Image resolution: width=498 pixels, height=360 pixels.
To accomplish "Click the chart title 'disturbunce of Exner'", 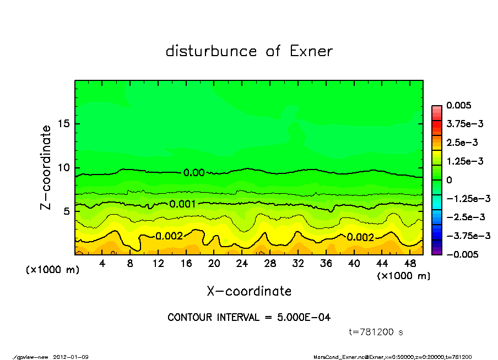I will tap(249, 51).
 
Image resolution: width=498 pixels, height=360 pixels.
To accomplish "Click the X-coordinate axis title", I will tap(249, 291).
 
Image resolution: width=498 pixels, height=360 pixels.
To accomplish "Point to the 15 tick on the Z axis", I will tap(65, 124).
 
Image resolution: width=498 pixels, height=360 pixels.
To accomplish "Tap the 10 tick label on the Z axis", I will tap(65, 167).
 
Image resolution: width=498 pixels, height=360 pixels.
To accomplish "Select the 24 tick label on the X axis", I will tap(242, 264).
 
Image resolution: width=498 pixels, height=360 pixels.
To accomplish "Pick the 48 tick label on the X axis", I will tap(410, 264).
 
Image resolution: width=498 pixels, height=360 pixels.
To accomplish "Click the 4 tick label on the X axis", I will tap(102, 264).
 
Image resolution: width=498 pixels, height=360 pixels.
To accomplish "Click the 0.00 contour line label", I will tap(194, 173).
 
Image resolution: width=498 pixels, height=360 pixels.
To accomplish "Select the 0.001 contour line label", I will tap(183, 204).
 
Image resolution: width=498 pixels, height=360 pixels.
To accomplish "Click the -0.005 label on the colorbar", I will tap(462, 254).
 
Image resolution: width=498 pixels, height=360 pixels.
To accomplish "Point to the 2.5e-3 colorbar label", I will tap(462, 143).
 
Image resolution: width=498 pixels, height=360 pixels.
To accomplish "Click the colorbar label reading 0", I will tap(449, 180).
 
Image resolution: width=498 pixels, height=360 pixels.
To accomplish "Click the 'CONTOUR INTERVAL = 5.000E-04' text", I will tap(249, 317).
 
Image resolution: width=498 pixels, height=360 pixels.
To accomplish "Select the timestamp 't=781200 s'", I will tap(376, 332).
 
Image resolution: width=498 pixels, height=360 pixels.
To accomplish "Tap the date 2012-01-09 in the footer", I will tap(71, 357).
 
